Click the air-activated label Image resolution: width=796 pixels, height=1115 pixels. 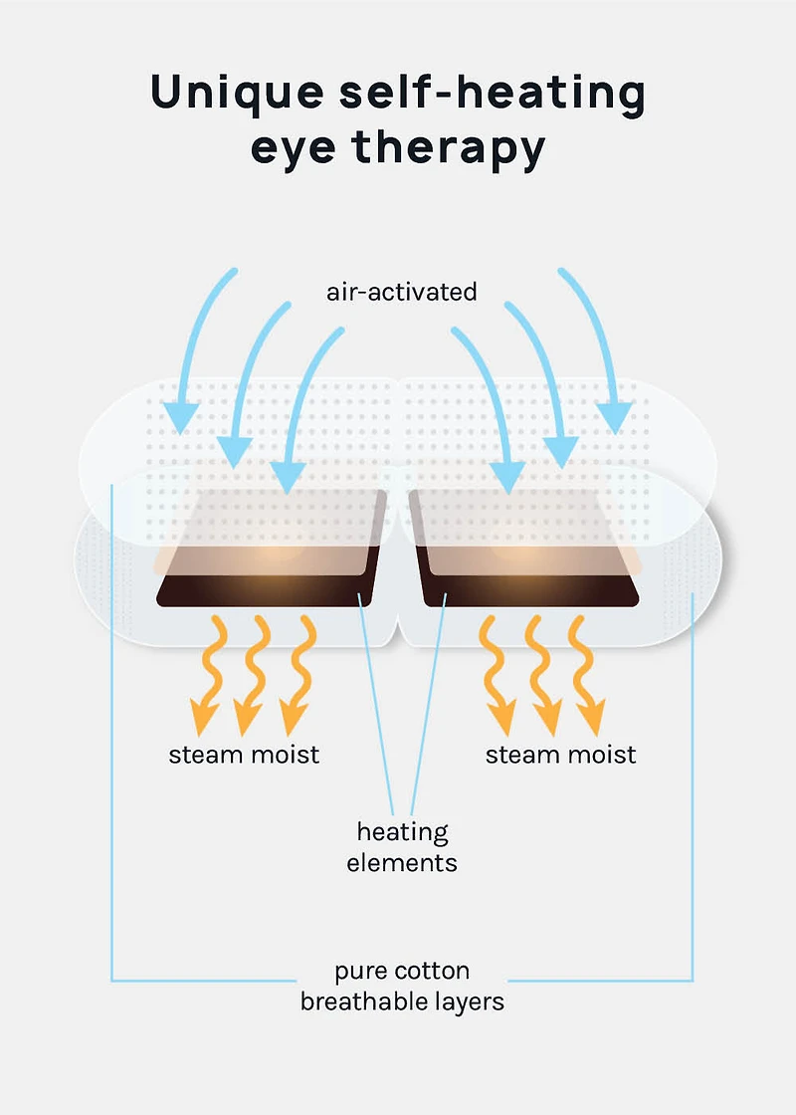tap(401, 292)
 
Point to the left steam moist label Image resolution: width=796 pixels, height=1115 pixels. tap(244, 754)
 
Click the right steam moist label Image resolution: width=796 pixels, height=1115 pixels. tap(560, 754)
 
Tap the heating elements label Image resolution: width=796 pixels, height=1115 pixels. tap(402, 846)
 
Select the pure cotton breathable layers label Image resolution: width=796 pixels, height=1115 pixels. tap(402, 986)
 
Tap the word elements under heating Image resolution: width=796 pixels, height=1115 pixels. tap(402, 862)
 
